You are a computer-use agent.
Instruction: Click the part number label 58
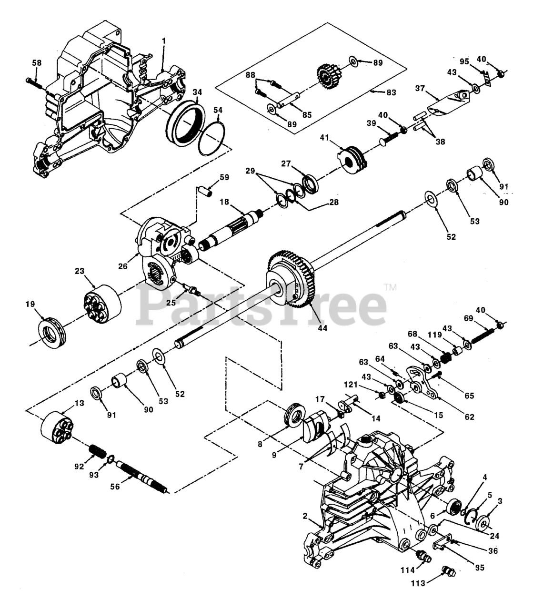37,63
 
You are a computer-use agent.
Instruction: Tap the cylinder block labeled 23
102,305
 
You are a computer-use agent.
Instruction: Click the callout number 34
197,92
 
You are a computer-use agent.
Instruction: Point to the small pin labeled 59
206,191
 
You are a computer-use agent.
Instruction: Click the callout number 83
391,92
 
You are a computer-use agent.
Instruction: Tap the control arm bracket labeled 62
422,383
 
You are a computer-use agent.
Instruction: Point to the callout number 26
122,265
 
